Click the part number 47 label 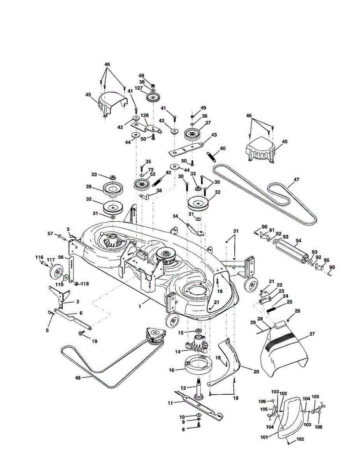pyautogui.click(x=297, y=179)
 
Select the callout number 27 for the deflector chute pyautogui.click(x=312, y=334)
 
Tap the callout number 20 pyautogui.click(x=256, y=372)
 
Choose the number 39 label pyautogui.click(x=90, y=187)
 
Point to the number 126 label pyautogui.click(x=144, y=116)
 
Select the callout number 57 pyautogui.click(x=50, y=233)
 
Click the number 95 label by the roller pyautogui.click(x=326, y=260)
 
